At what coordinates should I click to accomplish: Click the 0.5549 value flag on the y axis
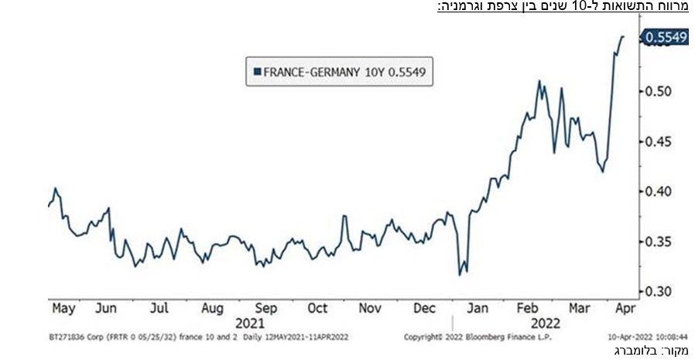coord(666,36)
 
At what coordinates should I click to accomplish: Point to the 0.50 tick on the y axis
coord(662,91)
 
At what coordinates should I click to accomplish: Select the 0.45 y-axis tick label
coord(662,142)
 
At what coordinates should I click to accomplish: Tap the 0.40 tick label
coord(662,191)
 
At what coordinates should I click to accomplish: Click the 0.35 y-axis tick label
coord(662,242)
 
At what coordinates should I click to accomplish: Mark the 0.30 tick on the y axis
coord(662,291)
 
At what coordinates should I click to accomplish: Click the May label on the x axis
coord(63,308)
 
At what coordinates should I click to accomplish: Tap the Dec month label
coord(425,308)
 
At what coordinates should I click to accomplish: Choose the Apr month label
coord(624,308)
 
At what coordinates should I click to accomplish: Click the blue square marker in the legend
coord(258,72)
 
